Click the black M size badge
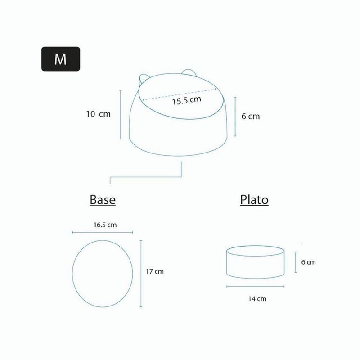tap(61, 59)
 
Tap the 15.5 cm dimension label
tap(187, 100)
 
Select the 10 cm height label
tap(98, 114)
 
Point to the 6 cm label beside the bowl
tap(251, 117)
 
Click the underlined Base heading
tap(103, 200)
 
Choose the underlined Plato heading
tap(254, 200)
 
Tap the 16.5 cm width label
tap(105, 225)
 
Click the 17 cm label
tap(155, 272)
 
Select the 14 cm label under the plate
tap(257, 299)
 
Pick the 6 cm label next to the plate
tap(308, 262)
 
